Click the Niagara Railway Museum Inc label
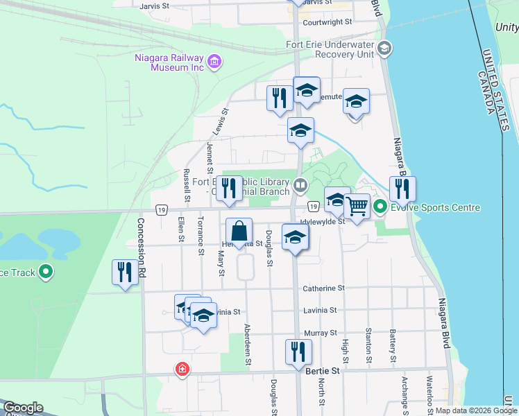point(169,62)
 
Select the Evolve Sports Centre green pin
point(380,207)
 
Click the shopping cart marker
point(357,207)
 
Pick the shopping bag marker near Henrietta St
point(239,232)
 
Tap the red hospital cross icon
point(182,370)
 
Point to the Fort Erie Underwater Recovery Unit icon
point(386,49)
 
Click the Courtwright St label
point(327,21)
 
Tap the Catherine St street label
point(323,288)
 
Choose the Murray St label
point(321,333)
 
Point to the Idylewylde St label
point(323,222)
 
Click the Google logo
point(23,408)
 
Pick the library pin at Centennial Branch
point(300,184)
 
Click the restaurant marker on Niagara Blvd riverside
point(402,189)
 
